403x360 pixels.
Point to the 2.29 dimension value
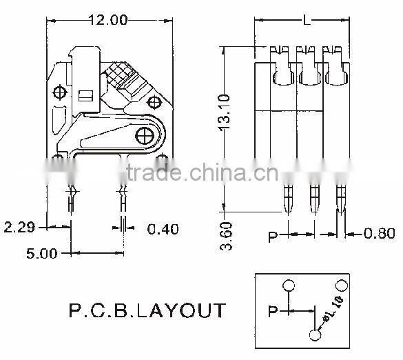(x=19, y=226)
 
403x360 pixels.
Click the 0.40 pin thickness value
(x=163, y=228)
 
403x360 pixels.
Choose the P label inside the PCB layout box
(x=273, y=312)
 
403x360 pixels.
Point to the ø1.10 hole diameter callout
(x=331, y=309)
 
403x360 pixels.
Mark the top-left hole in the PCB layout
(x=289, y=285)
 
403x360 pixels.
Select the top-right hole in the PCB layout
(x=340, y=284)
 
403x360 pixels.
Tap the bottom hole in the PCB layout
(x=315, y=335)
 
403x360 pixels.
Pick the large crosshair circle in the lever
(x=145, y=136)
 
